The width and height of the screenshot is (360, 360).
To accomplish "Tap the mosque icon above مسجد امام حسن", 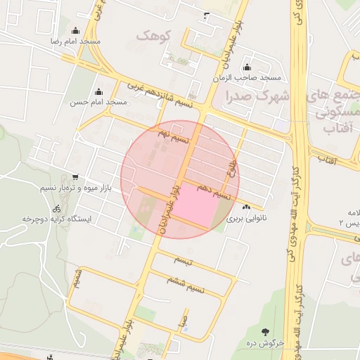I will click(x=98, y=91).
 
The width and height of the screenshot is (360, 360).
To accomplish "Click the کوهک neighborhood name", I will click(x=151, y=34).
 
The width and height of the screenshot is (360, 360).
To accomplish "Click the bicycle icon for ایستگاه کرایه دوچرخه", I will click(x=56, y=209).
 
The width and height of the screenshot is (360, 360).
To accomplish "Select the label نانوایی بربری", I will click(x=246, y=218).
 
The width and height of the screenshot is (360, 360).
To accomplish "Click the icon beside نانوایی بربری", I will click(x=246, y=207).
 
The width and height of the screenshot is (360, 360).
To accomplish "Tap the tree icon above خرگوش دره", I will click(x=264, y=332).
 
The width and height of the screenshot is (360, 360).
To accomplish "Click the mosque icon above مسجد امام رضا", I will click(x=75, y=31).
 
